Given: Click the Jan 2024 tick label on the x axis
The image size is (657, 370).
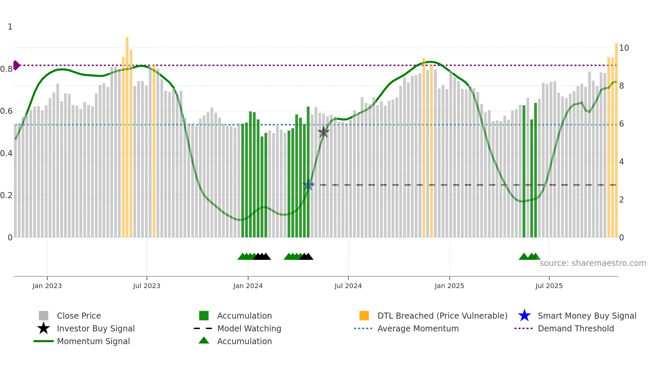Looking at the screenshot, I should pos(248,286).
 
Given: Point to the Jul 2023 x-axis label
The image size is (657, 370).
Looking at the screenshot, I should pos(146,286).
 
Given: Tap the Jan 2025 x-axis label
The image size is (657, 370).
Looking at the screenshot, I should pos(449,286).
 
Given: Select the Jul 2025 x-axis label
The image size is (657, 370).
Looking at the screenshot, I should pos(549,286).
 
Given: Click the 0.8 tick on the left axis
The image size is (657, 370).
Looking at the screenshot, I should pos(6,69).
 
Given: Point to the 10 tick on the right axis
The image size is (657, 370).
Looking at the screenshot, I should pos(624,48).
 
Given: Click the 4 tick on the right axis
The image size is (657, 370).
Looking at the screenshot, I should pos(621,162).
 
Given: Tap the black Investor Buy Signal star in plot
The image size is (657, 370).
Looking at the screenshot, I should pos(323,132).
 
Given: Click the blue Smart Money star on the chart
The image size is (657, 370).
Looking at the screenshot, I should pos(308,185).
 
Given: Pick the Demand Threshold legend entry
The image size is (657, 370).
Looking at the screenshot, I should pos(576,328).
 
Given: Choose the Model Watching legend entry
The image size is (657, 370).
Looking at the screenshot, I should pos(249,328).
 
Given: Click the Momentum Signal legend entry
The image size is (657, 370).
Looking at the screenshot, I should pos(93,341).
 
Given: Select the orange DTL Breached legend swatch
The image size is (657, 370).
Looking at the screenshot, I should pos(364,316).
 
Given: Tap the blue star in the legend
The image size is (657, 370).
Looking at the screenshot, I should pos(524,316).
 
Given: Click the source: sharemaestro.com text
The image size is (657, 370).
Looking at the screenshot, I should pos(593,263).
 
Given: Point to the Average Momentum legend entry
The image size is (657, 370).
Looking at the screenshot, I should pos(418,328).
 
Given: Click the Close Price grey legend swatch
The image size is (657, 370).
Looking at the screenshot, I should pos(44,316).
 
